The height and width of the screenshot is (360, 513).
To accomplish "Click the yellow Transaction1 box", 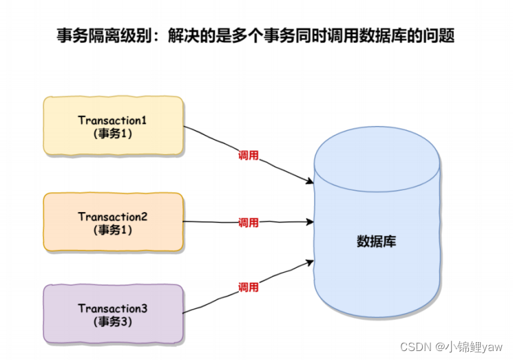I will click(114, 127).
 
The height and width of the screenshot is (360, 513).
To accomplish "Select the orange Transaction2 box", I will click(114, 222).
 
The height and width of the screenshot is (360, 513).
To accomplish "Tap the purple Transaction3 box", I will click(114, 314).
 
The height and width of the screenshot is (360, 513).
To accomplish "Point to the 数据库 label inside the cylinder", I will click(376, 242).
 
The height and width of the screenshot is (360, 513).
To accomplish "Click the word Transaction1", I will click(114, 120).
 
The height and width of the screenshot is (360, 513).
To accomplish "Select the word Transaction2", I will click(114, 216).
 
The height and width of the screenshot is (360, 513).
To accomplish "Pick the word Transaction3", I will click(114, 308).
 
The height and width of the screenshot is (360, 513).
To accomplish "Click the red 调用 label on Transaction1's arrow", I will click(249, 156).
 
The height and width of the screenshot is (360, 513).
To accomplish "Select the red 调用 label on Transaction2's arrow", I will click(249, 222).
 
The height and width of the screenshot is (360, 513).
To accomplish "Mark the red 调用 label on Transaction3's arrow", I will click(249, 286).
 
